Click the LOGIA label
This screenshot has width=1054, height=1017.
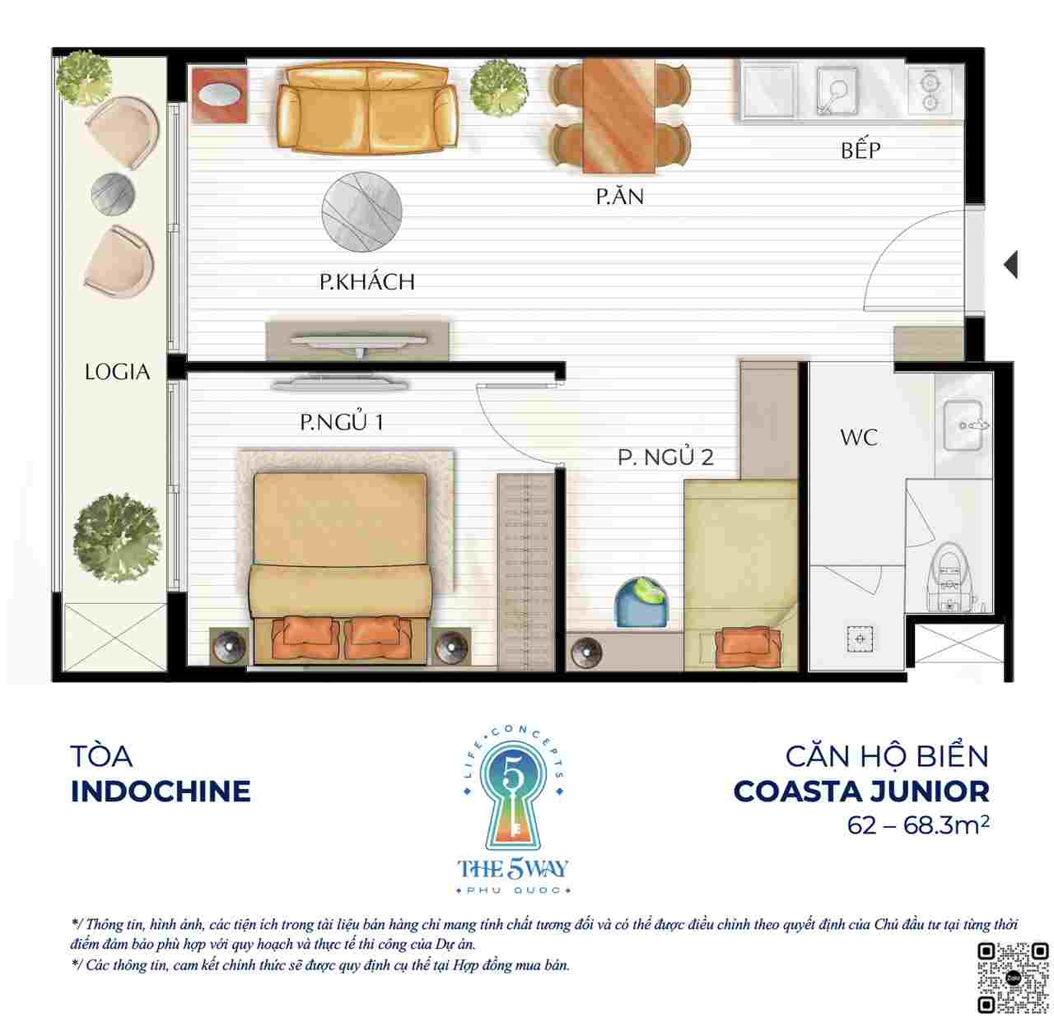[117, 372]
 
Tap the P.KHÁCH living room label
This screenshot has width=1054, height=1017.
[366, 281]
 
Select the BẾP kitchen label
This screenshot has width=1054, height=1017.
[860, 150]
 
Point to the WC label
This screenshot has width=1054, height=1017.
[859, 437]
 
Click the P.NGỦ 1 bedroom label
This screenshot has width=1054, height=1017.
[341, 421]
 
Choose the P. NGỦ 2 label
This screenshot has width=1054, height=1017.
[665, 457]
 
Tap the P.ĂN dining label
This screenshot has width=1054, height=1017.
[619, 196]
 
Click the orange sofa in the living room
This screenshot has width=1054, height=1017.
[366, 108]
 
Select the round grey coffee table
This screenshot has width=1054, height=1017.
[361, 211]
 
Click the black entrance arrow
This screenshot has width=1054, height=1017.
[1010, 265]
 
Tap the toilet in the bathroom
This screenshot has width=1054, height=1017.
[948, 578]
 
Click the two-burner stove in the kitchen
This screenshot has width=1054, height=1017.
[930, 91]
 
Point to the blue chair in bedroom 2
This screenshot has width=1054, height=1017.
[641, 601]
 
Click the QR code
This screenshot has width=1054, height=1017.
[1012, 978]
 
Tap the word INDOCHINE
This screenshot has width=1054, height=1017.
[161, 792]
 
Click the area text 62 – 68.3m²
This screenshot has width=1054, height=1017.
[918, 825]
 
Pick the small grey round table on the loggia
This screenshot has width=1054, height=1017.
[113, 194]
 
